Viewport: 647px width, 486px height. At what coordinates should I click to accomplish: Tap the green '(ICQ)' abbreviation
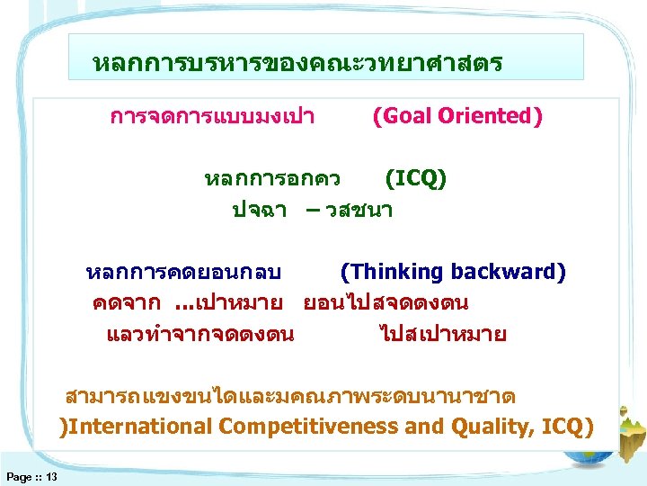(x=415, y=178)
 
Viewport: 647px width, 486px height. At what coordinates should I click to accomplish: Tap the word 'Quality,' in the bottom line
(x=492, y=426)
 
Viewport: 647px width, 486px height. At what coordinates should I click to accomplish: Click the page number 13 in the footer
(x=51, y=476)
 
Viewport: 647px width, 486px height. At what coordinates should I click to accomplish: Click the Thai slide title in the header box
(x=297, y=64)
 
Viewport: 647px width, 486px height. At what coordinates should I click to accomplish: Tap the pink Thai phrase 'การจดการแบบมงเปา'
(x=211, y=117)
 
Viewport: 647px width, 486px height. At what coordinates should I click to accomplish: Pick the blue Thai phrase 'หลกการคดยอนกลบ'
(x=183, y=273)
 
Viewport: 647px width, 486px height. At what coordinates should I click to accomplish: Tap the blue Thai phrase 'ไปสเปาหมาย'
(x=443, y=335)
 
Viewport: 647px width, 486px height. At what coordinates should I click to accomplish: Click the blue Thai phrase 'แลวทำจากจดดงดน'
(x=199, y=335)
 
